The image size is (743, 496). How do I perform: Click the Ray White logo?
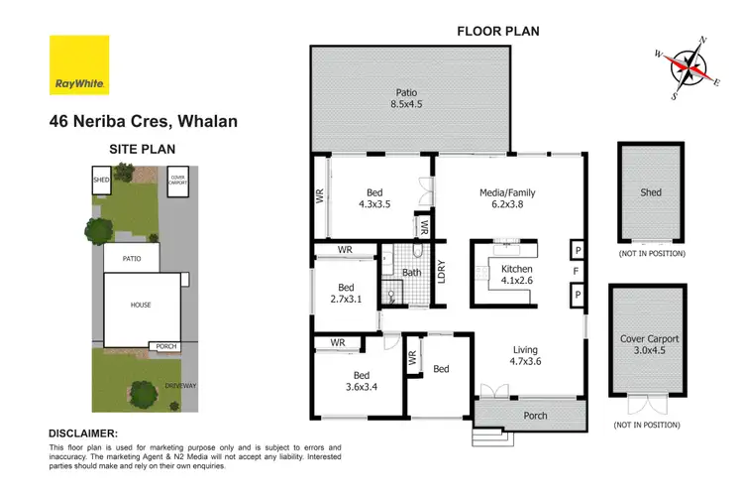click(x=78, y=65)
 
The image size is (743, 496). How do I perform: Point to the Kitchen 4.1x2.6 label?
click(x=516, y=274)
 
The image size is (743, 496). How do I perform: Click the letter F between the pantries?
click(x=576, y=271)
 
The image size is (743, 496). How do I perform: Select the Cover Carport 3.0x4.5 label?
click(x=649, y=345)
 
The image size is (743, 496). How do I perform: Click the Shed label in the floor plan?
click(x=650, y=192)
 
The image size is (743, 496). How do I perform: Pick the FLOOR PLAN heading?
click(x=497, y=31)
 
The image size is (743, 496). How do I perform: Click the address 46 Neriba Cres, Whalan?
click(x=143, y=122)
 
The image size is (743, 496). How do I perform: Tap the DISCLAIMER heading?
click(x=83, y=434)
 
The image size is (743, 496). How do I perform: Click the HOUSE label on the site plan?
click(x=140, y=305)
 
